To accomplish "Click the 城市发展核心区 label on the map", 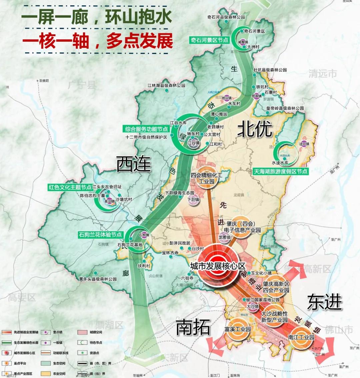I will pyautogui.click(x=218, y=266).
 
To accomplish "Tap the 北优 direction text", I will pyautogui.click(x=255, y=129).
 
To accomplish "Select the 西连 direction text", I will pyautogui.click(x=133, y=164).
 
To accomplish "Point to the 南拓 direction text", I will pyautogui.click(x=193, y=327).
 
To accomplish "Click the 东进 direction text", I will pyautogui.click(x=324, y=302).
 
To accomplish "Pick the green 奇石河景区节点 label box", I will pyautogui.click(x=210, y=40).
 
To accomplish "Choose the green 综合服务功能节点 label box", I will pyautogui.click(x=146, y=129).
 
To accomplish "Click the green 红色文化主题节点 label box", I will pyautogui.click(x=70, y=187).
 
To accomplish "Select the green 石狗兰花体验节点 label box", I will pyautogui.click(x=100, y=235).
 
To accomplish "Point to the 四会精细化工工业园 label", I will pyautogui.click(x=207, y=178).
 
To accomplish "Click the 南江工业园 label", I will pyautogui.click(x=301, y=337).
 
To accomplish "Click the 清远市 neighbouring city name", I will pyautogui.click(x=322, y=74).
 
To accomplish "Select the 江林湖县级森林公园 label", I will pyautogui.click(x=166, y=86).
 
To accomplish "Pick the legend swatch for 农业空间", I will pyautogui.click(x=46, y=373).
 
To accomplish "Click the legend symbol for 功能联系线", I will pyautogui.click(x=46, y=353).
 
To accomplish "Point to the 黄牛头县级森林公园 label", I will pyautogui.click(x=98, y=279).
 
